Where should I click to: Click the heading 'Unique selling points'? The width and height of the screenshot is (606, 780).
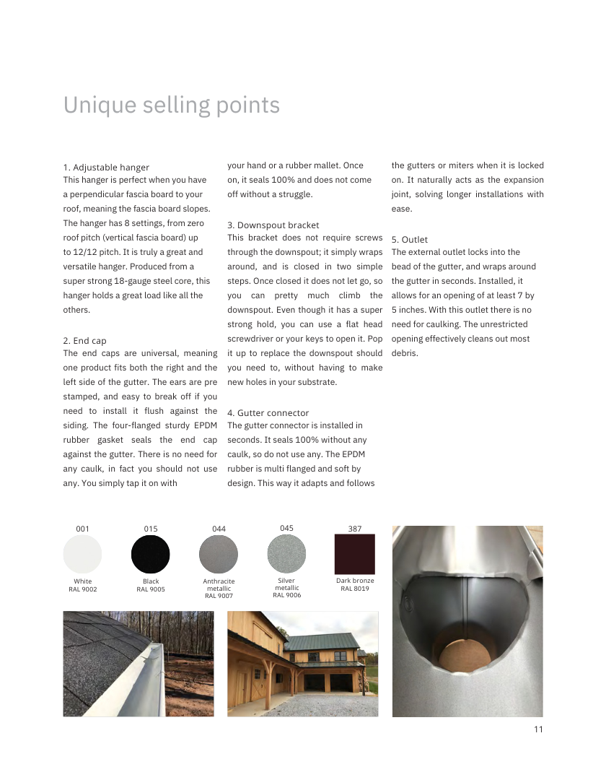tap(172, 105)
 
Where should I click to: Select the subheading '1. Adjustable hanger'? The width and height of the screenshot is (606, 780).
tap(106, 168)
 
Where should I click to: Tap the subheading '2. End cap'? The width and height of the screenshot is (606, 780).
tap(84, 341)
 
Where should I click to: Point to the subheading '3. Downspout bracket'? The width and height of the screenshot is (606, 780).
tap(273, 225)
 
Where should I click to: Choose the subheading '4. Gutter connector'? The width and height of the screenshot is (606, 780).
tap(268, 413)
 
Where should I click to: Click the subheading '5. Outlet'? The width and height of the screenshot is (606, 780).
tap(409, 240)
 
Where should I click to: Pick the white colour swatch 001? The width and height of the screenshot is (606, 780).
tap(83, 555)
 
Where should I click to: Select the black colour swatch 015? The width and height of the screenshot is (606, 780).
tap(151, 555)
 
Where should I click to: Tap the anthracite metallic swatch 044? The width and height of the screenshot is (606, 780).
tap(219, 555)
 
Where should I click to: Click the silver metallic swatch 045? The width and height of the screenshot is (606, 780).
tap(286, 555)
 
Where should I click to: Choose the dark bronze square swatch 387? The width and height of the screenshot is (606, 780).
tap(355, 554)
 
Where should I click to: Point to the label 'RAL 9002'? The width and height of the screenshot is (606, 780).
tap(83, 589)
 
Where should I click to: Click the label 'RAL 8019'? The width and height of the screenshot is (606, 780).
tap(355, 589)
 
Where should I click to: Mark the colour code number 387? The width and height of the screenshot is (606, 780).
tap(355, 529)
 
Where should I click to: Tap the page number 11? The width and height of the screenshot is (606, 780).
tap(538, 729)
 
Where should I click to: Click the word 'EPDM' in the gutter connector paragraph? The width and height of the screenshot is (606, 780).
tap(353, 454)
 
